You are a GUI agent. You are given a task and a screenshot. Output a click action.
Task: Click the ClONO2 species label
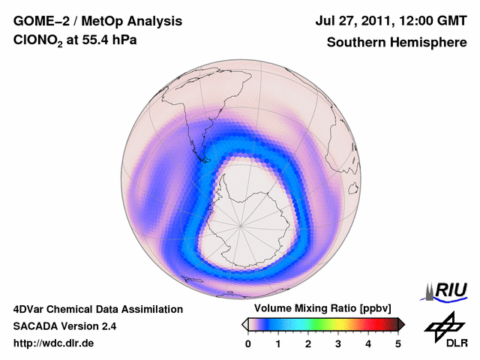click(x=37, y=43)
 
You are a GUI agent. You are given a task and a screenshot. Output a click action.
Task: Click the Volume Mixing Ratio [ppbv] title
click(x=319, y=309)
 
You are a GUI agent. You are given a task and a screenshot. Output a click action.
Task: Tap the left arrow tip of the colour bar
click(x=244, y=324)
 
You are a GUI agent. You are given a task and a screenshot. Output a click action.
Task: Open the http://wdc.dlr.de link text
click(x=54, y=343)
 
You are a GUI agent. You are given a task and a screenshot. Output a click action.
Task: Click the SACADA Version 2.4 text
click(x=64, y=326)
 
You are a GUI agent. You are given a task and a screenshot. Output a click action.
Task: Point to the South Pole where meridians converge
click(x=241, y=223)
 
